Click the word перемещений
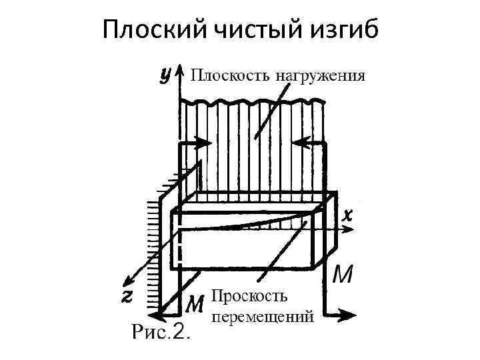(261, 316)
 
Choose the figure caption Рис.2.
(160, 332)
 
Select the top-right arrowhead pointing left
(299, 142)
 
